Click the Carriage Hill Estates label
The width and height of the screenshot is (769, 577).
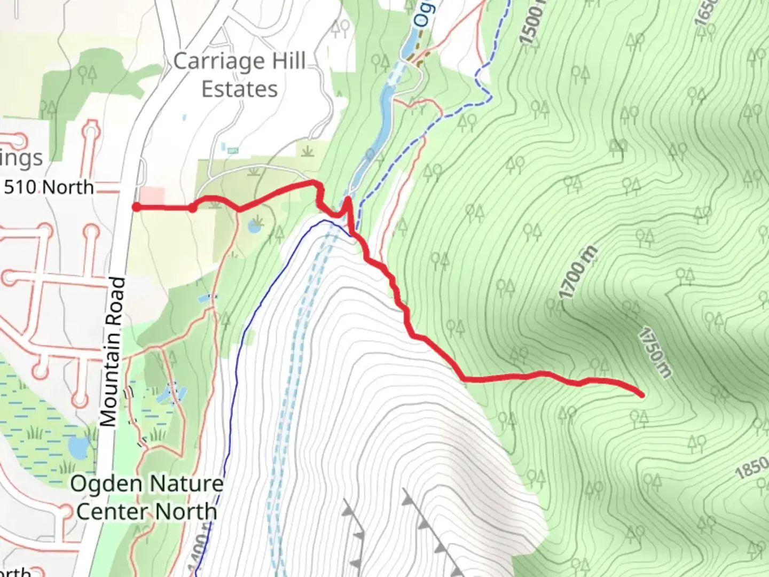tap(239, 75)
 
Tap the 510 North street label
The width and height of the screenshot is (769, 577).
tap(49, 188)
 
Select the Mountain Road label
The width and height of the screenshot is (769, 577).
tap(113, 353)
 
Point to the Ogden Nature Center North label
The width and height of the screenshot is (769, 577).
tap(147, 497)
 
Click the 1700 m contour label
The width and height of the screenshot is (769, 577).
tap(578, 273)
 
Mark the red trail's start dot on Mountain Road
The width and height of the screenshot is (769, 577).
tap(137, 207)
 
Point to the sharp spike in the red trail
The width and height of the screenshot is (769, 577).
tap(348, 201)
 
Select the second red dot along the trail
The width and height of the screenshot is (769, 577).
tap(192, 208)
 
